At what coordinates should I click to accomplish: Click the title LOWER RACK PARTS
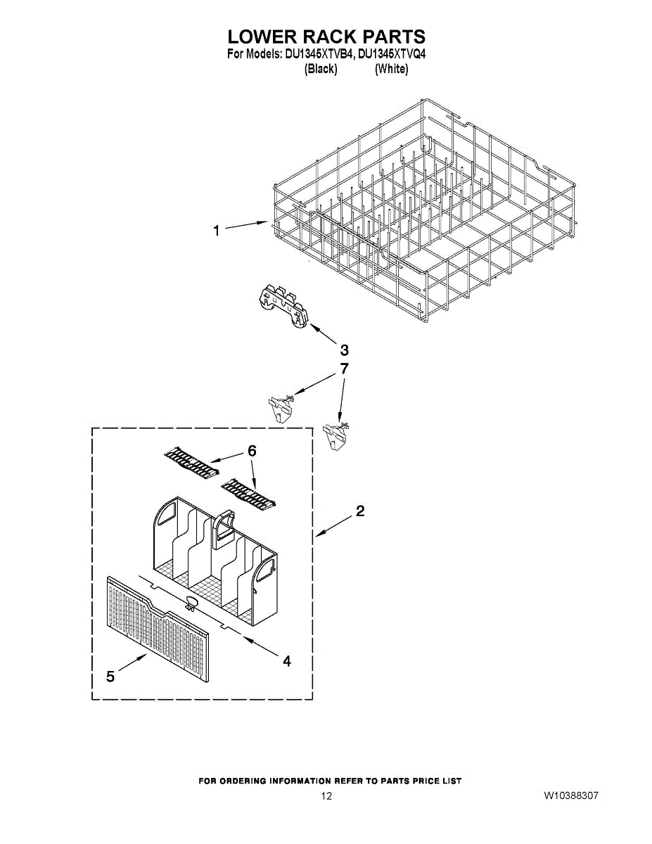click(326, 37)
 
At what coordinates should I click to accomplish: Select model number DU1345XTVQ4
click(392, 54)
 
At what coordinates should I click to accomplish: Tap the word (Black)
click(320, 69)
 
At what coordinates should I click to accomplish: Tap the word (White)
click(391, 69)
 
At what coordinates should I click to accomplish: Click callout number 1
click(217, 230)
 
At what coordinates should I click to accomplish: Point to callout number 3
click(344, 350)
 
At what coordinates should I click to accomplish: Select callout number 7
click(344, 368)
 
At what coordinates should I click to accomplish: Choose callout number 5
click(110, 676)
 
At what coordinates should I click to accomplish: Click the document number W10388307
click(570, 796)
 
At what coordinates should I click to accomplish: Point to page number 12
click(326, 796)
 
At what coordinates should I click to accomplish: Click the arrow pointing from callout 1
click(246, 225)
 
